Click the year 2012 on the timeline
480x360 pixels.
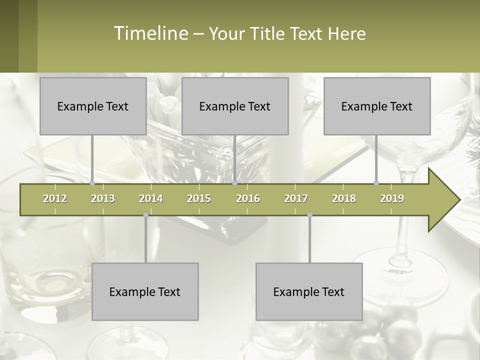tap(55, 198)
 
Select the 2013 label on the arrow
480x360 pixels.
tap(103, 198)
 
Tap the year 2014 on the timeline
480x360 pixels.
tap(151, 198)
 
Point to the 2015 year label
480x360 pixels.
tap(199, 198)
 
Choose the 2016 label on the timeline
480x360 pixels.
tap(248, 198)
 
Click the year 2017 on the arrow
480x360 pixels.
tap(296, 198)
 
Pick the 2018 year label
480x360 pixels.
tap(344, 198)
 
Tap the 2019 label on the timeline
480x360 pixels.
tap(392, 198)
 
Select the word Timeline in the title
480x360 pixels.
tap(150, 33)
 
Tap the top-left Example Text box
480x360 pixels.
tap(93, 106)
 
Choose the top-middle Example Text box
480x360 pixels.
tap(235, 106)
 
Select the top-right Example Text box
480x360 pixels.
tap(377, 106)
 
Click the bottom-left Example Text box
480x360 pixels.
tap(145, 291)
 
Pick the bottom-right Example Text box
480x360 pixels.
tap(309, 291)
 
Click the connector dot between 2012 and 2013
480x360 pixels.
tap(92, 183)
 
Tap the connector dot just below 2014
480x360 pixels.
tap(145, 215)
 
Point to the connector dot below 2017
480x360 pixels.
tap(309, 215)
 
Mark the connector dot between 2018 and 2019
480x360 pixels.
tap(376, 183)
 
